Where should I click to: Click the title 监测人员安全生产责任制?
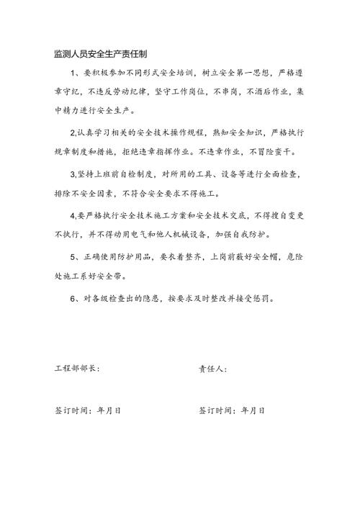pos(101,54)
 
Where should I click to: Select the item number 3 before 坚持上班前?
pos(72,174)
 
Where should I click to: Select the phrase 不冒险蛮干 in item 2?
pos(284,153)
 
